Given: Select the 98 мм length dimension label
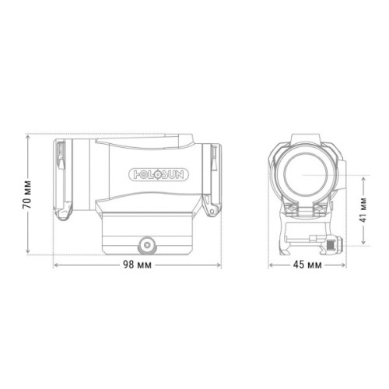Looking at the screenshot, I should click(x=137, y=265).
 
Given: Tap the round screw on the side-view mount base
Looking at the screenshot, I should click(x=145, y=244).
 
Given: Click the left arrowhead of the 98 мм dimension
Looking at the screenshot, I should click(x=56, y=265).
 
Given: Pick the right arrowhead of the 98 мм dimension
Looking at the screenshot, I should click(x=219, y=265).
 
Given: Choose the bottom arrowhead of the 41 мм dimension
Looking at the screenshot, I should click(x=365, y=243).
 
